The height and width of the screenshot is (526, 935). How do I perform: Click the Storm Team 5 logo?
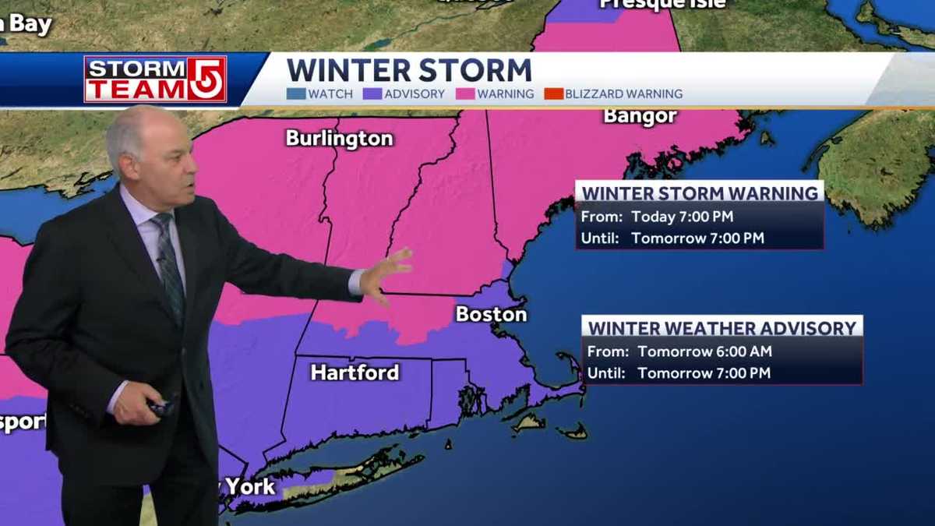click(155, 79)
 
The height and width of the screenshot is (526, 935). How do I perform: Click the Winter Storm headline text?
click(409, 70)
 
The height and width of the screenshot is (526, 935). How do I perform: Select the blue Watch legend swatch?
click(295, 94)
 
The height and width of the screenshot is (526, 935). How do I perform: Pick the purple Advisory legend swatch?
click(371, 94)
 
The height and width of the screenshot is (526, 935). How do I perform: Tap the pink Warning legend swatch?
click(465, 94)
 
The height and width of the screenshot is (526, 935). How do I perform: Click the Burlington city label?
click(339, 139)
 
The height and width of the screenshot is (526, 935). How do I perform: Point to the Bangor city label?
click(640, 117)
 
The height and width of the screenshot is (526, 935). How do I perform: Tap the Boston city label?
click(491, 314)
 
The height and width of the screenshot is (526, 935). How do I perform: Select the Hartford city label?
click(355, 372)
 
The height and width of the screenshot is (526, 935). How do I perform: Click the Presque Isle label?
click(662, 4)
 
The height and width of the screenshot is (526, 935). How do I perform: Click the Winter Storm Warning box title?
click(700, 192)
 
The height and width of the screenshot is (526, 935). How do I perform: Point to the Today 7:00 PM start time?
click(683, 217)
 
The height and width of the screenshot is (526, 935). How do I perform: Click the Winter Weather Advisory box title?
click(722, 327)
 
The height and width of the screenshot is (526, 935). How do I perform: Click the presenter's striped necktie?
click(169, 265)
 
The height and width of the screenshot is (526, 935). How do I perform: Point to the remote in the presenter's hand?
click(160, 408)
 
